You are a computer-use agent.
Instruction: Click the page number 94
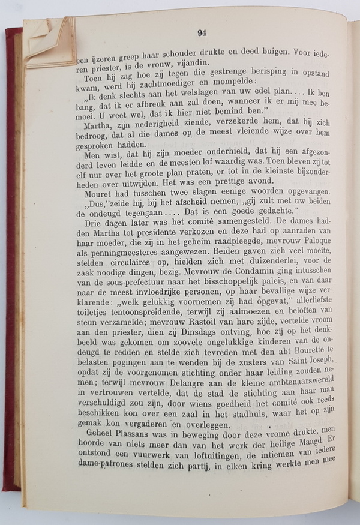pyautogui.click(x=202, y=33)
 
